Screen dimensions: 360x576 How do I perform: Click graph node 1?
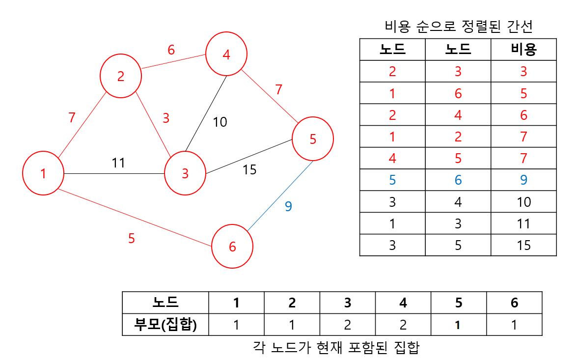[x=43, y=173]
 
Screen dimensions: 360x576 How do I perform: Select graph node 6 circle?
[x=232, y=247]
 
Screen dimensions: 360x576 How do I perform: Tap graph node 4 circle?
[x=226, y=55]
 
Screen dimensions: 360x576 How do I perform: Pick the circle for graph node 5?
[x=313, y=139]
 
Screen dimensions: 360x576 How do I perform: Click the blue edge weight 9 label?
[x=288, y=206]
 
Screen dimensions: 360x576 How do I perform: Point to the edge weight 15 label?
[x=249, y=170]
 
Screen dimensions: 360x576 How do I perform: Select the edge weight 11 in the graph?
[x=118, y=163]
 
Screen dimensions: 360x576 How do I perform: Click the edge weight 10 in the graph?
[x=219, y=122]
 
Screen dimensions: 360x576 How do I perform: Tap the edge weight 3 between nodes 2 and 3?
[x=166, y=118]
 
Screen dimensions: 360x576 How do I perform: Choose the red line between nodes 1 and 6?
[x=133, y=217]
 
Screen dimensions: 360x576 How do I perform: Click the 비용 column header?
[x=523, y=49]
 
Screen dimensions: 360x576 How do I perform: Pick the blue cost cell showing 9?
[x=523, y=180]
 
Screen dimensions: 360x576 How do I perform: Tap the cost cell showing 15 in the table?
[x=523, y=245]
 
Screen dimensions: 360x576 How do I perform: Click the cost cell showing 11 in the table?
[x=523, y=223]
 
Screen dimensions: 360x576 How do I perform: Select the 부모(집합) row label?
[x=165, y=325]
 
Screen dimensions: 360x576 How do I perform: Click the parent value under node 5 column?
[x=459, y=325]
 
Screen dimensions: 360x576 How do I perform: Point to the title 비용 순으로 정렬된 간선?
[x=460, y=27]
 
